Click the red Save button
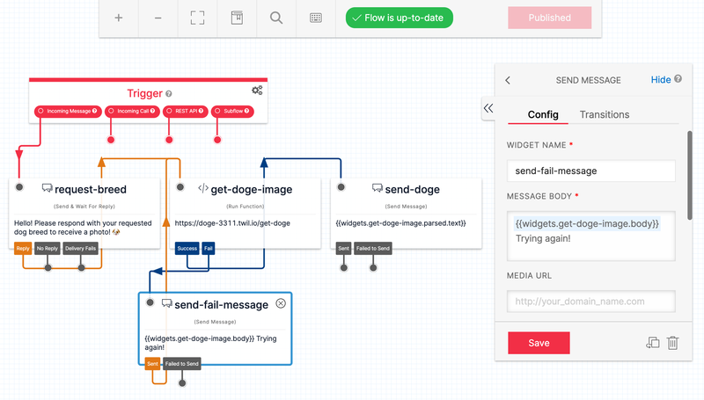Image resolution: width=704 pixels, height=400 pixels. (539, 343)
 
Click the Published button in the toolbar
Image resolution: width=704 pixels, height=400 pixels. (549, 18)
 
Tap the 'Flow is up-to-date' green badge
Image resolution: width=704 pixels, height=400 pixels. (399, 18)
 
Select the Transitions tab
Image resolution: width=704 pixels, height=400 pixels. (604, 114)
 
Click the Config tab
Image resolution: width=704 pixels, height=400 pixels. (543, 114)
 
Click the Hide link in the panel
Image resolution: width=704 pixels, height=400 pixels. (661, 80)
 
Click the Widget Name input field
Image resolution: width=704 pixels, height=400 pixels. (590, 171)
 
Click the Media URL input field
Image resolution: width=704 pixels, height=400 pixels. (590, 302)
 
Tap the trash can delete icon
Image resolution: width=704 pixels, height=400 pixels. (672, 343)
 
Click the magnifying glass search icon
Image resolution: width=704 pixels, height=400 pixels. (276, 18)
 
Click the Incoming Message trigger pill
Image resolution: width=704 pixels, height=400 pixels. (68, 112)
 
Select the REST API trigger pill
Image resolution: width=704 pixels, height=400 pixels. (186, 112)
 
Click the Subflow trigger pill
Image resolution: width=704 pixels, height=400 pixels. (233, 112)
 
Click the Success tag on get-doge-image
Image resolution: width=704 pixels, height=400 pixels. (187, 249)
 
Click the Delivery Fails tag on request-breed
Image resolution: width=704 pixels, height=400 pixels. (81, 249)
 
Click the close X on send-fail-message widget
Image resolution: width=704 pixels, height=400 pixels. (281, 303)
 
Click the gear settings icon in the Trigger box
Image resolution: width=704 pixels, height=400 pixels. (257, 91)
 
